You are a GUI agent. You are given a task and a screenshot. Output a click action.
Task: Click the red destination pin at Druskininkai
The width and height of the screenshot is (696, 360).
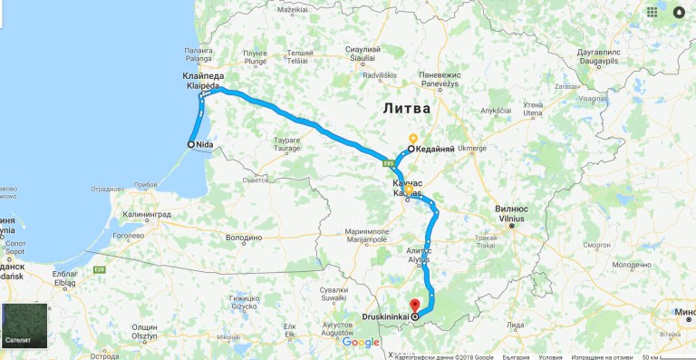(414, 306)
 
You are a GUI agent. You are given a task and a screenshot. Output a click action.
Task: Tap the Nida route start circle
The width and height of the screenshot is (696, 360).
(192, 144)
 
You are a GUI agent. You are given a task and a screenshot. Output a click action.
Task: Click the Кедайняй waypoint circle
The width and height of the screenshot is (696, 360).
(411, 149)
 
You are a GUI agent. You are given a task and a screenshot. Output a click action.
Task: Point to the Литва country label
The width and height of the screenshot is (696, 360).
(401, 108)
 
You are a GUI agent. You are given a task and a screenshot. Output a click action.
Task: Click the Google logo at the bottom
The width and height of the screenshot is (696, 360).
(360, 342)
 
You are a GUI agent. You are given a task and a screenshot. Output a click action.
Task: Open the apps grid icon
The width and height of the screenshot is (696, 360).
(652, 13)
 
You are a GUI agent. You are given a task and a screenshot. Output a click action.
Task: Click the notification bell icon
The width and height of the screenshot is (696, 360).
(679, 13)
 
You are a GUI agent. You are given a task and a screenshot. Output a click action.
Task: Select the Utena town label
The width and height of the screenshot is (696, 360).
(530, 112)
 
